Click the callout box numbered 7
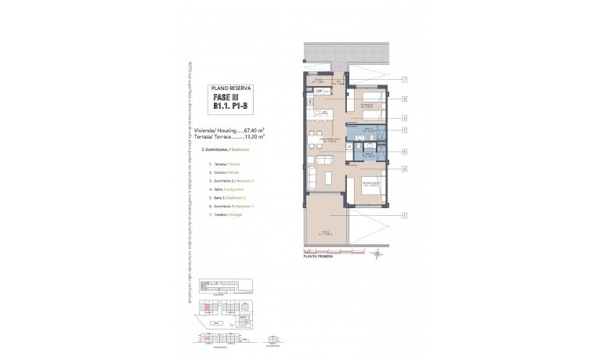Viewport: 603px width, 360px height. [x=405, y=80]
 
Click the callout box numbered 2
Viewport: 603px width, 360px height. [x=405, y=99]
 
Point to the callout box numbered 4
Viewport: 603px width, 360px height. [x=405, y=152]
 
